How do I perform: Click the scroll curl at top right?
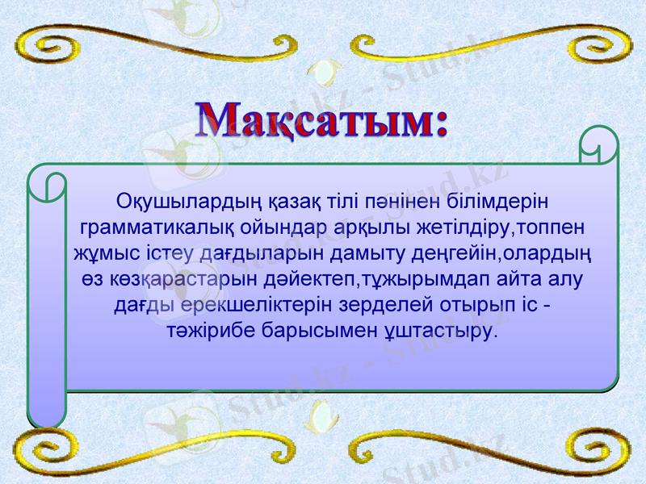click(x=599, y=145)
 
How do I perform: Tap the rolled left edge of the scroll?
click(x=46, y=298)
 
